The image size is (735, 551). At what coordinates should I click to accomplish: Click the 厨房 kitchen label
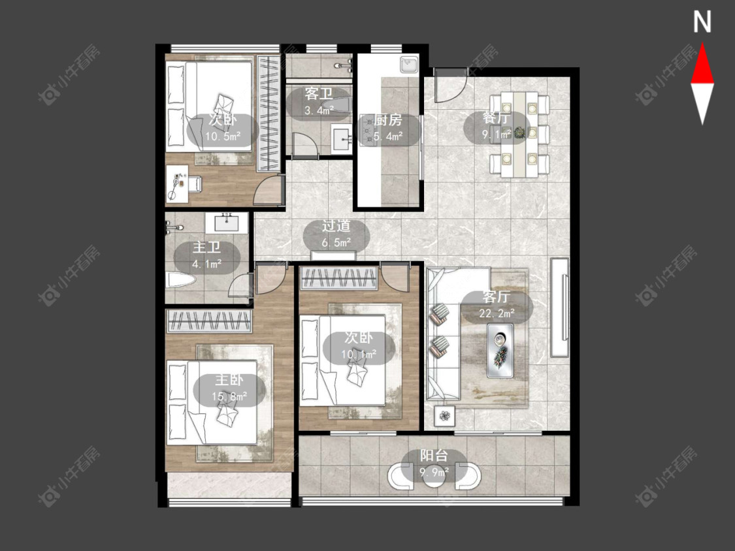(x=388, y=120)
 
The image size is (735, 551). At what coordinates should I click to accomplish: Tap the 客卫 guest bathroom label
(x=319, y=94)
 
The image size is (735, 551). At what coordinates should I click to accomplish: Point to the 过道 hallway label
(x=336, y=226)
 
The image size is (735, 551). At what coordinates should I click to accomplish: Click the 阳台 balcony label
(x=434, y=456)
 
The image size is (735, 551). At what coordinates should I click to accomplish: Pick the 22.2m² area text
(x=497, y=313)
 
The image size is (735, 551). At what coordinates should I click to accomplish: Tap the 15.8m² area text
(x=229, y=396)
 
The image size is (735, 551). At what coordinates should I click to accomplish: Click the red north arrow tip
(x=702, y=44)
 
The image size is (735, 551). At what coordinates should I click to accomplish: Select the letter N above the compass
(x=702, y=22)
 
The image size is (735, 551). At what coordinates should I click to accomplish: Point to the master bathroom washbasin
(x=231, y=221)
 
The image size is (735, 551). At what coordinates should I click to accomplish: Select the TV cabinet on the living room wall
(x=560, y=307)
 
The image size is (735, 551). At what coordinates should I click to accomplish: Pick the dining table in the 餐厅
(x=519, y=134)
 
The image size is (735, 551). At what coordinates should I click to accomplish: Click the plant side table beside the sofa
(x=444, y=415)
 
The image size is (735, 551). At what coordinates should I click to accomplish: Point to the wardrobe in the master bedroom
(x=209, y=321)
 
